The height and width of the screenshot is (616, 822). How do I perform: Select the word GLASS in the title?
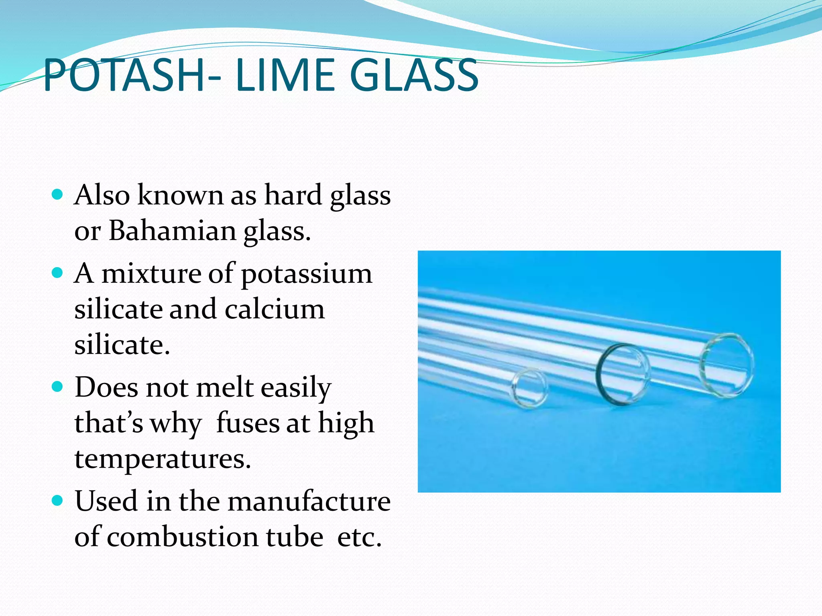[x=414, y=75]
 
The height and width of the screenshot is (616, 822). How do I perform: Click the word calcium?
[x=275, y=310]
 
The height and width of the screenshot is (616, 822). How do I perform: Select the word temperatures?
[x=163, y=459]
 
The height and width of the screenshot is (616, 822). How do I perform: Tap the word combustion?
[x=215, y=537]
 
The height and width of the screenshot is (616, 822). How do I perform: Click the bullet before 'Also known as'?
[x=58, y=195]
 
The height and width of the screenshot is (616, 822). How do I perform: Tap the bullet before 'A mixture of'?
[x=58, y=274]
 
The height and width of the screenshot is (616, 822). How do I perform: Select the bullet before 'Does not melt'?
[x=58, y=387]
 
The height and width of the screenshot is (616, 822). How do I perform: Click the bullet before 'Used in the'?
[x=58, y=501]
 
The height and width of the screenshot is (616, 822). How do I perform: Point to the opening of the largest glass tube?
[x=727, y=365]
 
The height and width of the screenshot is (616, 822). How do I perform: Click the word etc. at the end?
[x=359, y=537]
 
